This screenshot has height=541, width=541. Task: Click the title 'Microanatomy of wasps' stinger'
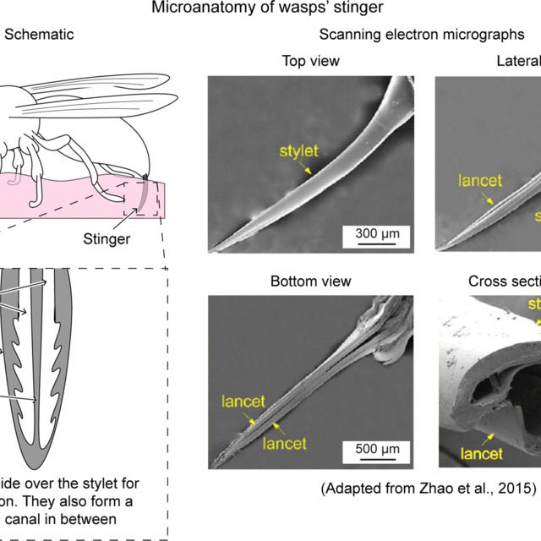pos(270,9)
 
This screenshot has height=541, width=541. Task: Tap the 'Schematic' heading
pos(39,34)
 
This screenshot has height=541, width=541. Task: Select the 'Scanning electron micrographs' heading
pos(429,34)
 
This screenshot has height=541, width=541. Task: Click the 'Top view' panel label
pos(310,61)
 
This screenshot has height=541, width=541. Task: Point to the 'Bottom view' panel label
pos(310,281)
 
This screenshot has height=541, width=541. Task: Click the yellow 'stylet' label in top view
pos(300,152)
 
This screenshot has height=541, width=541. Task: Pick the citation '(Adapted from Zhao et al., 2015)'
pos(429,488)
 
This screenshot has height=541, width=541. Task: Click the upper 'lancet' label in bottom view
pos(244,401)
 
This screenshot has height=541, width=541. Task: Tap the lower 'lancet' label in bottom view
pos(284,442)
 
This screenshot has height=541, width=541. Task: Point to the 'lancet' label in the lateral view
pos(479,180)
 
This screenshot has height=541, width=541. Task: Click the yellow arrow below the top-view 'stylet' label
pos(314,168)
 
